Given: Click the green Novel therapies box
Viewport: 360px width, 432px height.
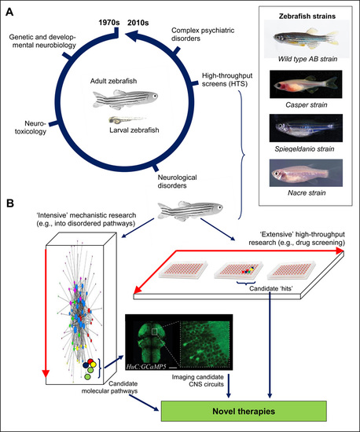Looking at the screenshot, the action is [244, 411].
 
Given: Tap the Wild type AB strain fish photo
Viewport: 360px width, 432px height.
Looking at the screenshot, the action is [307, 38].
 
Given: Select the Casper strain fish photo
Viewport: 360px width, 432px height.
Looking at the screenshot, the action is [306, 84].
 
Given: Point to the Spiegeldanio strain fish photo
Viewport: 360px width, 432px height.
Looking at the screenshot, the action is [306, 128].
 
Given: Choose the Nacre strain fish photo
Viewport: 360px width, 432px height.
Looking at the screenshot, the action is [306, 173].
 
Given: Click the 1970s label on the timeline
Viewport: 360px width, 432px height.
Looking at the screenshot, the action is [109, 23].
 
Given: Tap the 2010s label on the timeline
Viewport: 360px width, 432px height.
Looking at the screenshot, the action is [138, 23].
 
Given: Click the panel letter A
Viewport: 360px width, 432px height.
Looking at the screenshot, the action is [9, 13].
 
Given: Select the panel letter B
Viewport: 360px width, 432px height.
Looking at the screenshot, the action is [10, 203].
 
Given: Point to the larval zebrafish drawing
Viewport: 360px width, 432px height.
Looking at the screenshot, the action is [127, 119].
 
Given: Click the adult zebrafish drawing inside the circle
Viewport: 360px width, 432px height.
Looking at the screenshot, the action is [126, 98].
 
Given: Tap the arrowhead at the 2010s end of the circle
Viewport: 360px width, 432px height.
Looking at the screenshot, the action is [132, 35].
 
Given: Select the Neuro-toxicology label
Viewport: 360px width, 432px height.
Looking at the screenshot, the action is [31, 127].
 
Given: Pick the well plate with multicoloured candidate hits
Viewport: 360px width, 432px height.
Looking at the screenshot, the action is [239, 269].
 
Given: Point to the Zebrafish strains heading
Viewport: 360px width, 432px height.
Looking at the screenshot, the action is [307, 16].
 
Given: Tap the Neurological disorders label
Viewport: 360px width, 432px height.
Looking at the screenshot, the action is [177, 181].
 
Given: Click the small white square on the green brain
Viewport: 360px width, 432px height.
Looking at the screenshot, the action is [154, 332].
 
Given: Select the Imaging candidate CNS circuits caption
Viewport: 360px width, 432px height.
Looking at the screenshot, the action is [198, 380].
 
